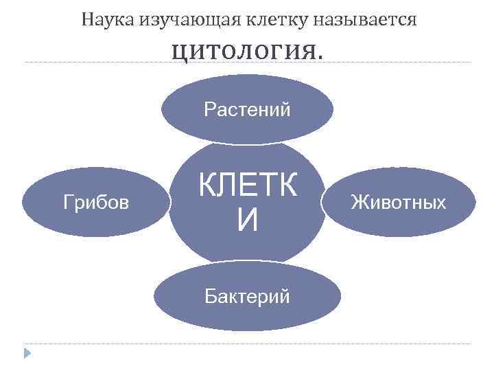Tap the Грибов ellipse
[x=96, y=202]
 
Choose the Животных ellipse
[x=398, y=202]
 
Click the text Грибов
[x=96, y=202]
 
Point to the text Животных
[x=398, y=202]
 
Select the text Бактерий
[x=247, y=296]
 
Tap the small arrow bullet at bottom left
[x=27, y=354]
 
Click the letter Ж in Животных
[x=357, y=202]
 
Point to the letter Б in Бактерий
[x=210, y=296]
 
